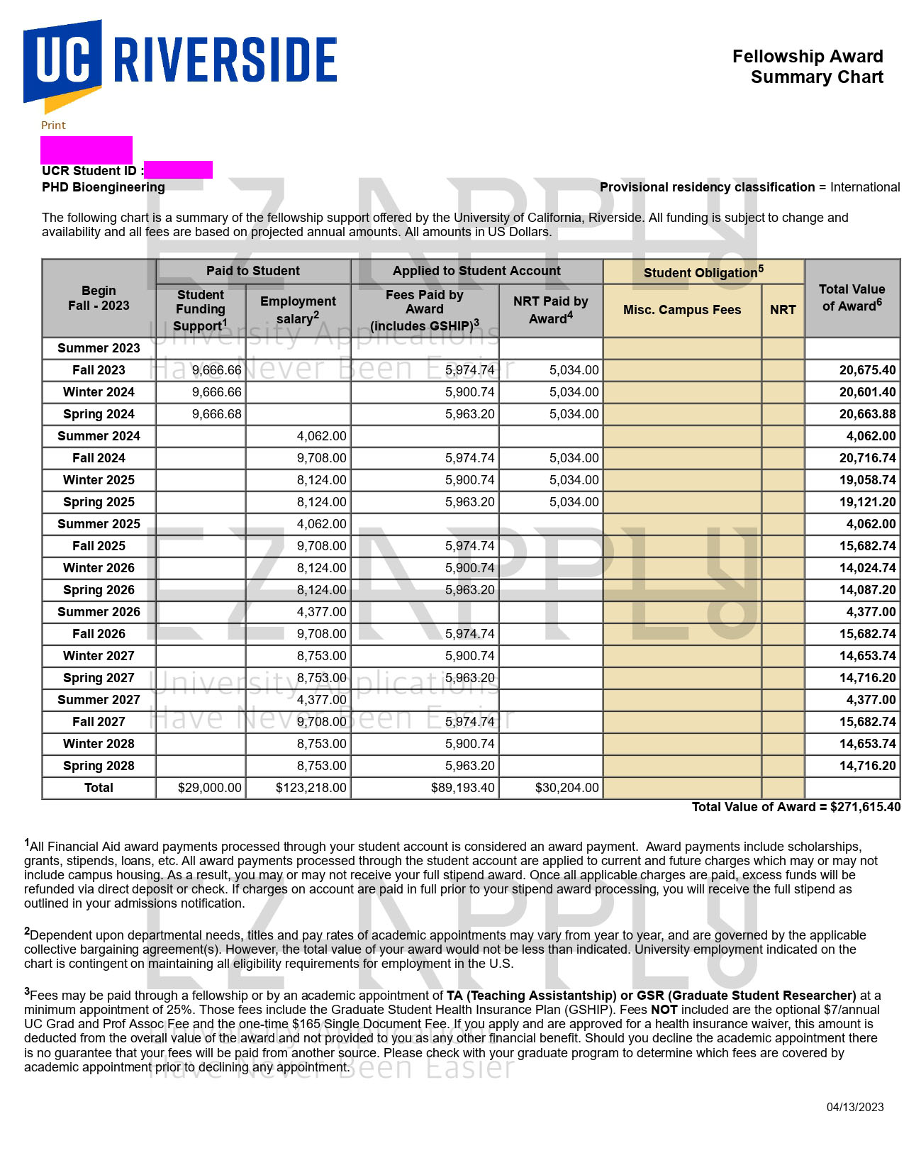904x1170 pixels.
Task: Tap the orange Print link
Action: [x=53, y=126]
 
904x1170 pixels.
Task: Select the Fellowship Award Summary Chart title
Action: [x=808, y=67]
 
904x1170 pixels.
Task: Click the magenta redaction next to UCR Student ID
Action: [x=178, y=170]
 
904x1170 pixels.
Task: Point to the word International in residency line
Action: [x=865, y=187]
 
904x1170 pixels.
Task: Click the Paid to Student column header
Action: [x=253, y=271]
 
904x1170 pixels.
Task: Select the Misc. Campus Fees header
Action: [x=682, y=310]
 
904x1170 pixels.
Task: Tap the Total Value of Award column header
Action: [x=852, y=298]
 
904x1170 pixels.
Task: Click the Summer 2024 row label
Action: [x=99, y=436]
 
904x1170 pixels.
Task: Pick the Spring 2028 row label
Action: [x=99, y=766]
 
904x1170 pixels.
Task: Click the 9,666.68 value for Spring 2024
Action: [x=217, y=414]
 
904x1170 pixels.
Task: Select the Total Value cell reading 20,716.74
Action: [x=867, y=458]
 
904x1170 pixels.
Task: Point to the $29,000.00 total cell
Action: [x=210, y=788]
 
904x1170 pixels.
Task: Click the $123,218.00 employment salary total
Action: [x=311, y=788]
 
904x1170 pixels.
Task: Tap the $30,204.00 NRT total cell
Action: [x=567, y=788]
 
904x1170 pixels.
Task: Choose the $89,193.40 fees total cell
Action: [x=462, y=788]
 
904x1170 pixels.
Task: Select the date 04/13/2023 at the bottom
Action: [x=855, y=1108]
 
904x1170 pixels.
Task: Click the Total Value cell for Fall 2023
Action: [x=867, y=370]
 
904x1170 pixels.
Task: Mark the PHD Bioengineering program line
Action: [x=104, y=187]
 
